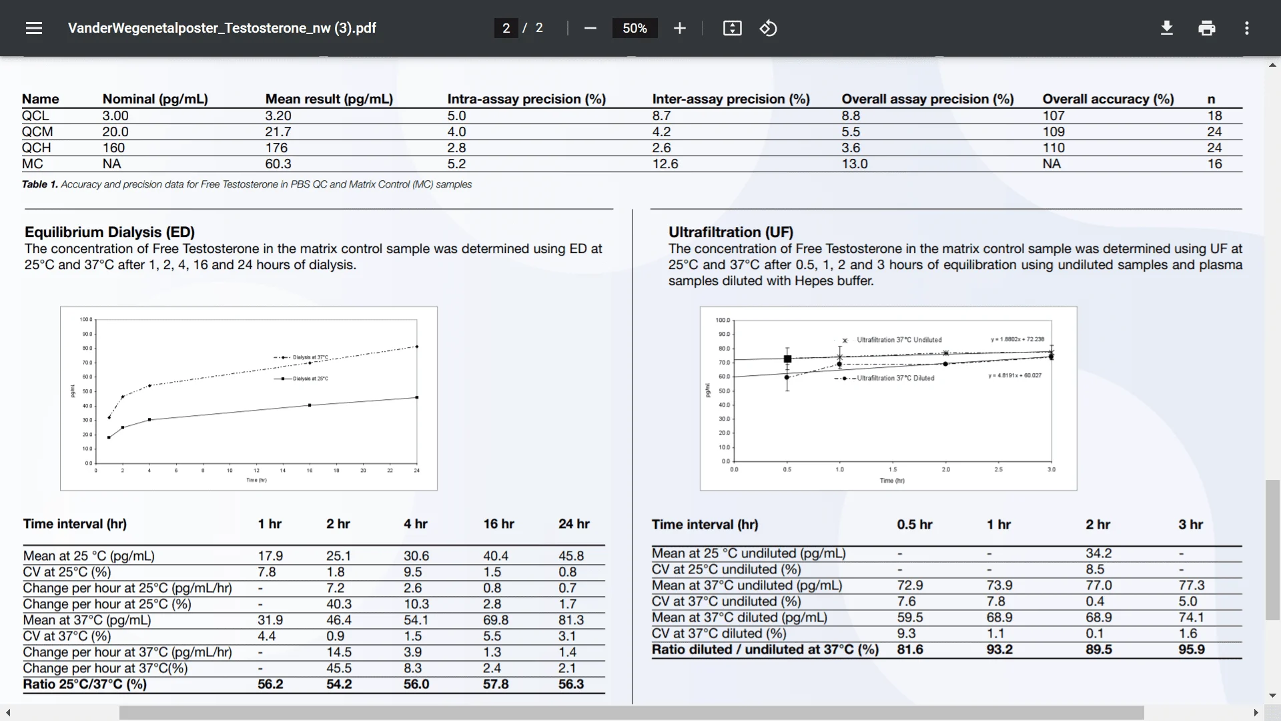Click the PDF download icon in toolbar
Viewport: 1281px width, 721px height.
(1167, 28)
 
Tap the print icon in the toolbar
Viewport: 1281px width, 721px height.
(1207, 28)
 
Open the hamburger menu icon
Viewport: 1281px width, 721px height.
(34, 28)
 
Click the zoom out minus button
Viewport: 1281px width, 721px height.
(590, 28)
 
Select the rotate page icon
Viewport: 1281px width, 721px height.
(769, 28)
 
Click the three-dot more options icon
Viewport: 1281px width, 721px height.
(1246, 28)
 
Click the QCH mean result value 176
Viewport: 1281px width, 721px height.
(276, 148)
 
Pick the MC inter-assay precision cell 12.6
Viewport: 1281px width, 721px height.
(665, 164)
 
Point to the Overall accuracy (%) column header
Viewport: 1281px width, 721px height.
(1108, 99)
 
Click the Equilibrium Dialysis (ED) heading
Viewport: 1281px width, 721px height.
(109, 232)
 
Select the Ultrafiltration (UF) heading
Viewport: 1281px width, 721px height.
(731, 232)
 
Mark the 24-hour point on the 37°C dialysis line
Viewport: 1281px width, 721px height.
(417, 346)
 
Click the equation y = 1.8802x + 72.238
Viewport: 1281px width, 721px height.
(1017, 339)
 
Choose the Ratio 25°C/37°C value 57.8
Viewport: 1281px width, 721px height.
(496, 684)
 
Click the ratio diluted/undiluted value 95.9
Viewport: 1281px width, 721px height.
(1191, 650)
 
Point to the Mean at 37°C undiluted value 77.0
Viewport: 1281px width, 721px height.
(1098, 585)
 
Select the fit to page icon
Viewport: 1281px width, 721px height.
(732, 28)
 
